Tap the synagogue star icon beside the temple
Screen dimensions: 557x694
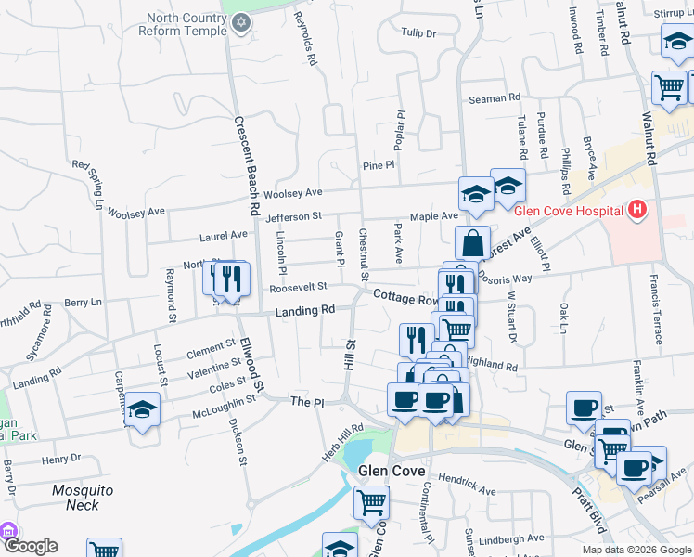pyautogui.click(x=242, y=22)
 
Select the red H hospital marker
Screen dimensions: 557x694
pyautogui.click(x=636, y=211)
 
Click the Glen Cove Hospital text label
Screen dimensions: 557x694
pyautogui.click(x=569, y=211)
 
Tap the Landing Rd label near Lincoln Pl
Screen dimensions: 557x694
pyautogui.click(x=304, y=311)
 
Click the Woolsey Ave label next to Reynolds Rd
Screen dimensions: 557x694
pyautogui.click(x=292, y=194)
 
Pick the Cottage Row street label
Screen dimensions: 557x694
pyautogui.click(x=406, y=298)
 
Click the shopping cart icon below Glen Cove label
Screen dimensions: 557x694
pyautogui.click(x=371, y=502)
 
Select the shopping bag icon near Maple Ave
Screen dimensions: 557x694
pyautogui.click(x=472, y=242)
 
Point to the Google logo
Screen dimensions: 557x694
pyautogui.click(x=30, y=546)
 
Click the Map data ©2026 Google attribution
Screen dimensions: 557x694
pyautogui.click(x=636, y=550)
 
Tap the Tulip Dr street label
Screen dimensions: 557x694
pyautogui.click(x=418, y=33)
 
